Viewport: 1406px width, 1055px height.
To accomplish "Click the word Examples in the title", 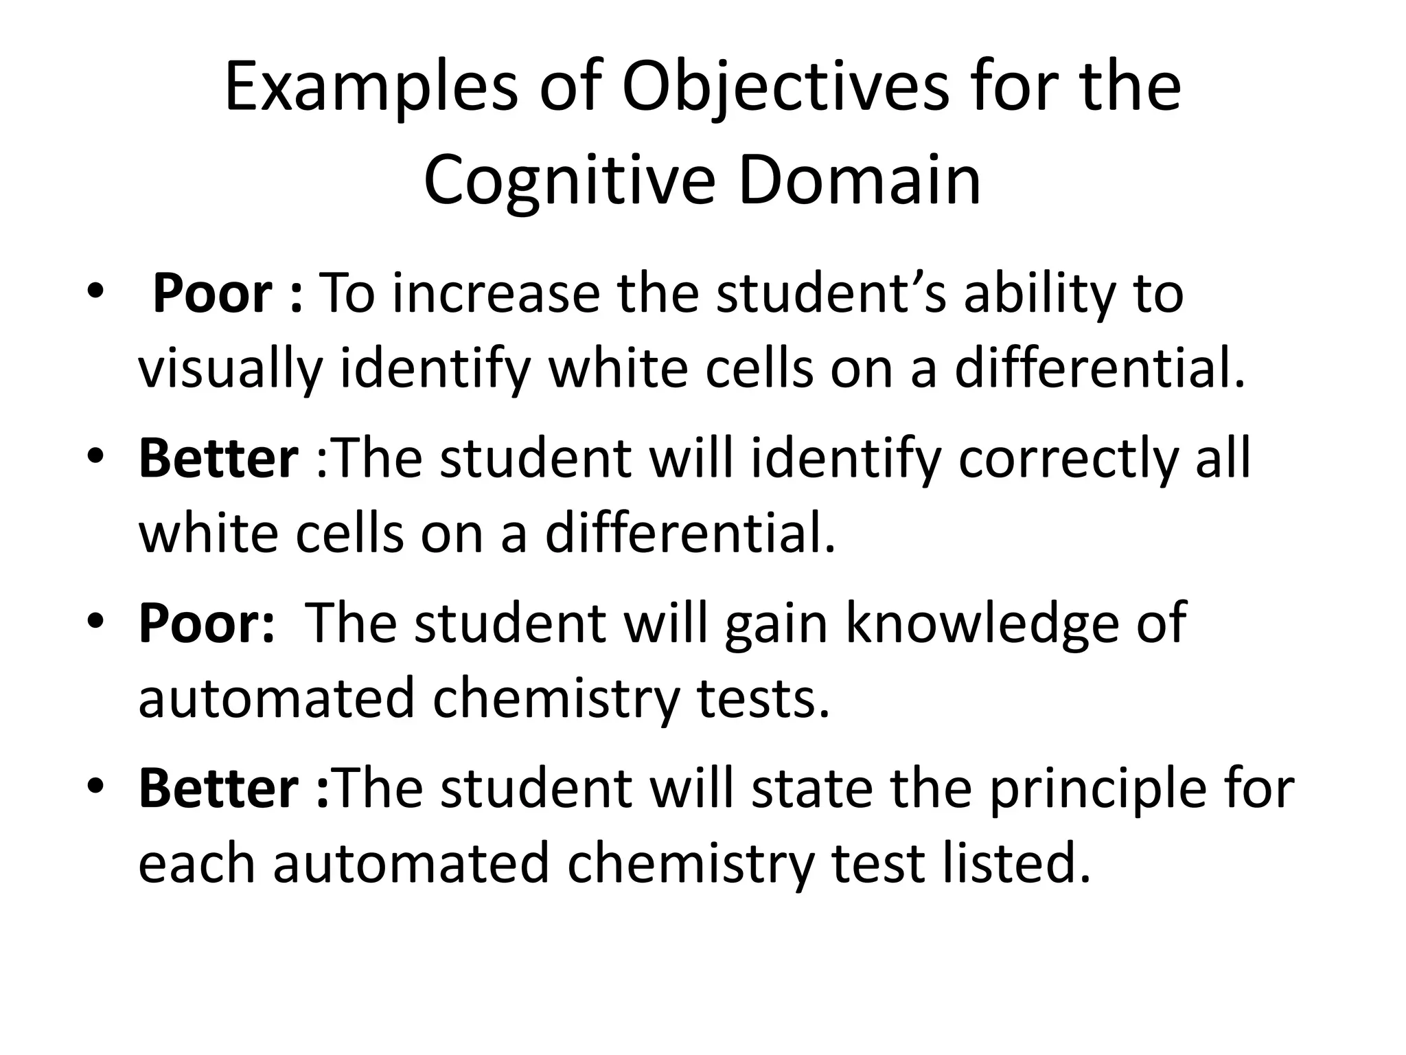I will pyautogui.click(x=371, y=88).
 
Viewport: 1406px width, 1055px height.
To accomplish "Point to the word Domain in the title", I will pyautogui.click(x=860, y=180).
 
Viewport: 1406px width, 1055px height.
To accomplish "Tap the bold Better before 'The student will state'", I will pyautogui.click(x=218, y=789).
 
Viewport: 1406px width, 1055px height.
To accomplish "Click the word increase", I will pyautogui.click(x=496, y=294).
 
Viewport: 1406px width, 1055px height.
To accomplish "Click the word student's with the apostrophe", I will pyautogui.click(x=832, y=294).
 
